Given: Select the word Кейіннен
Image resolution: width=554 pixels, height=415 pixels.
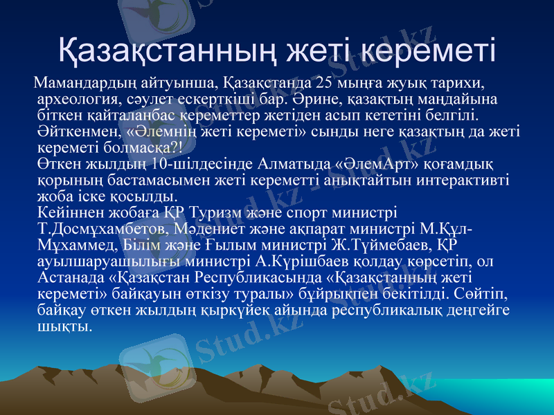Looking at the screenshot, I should (68, 211).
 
